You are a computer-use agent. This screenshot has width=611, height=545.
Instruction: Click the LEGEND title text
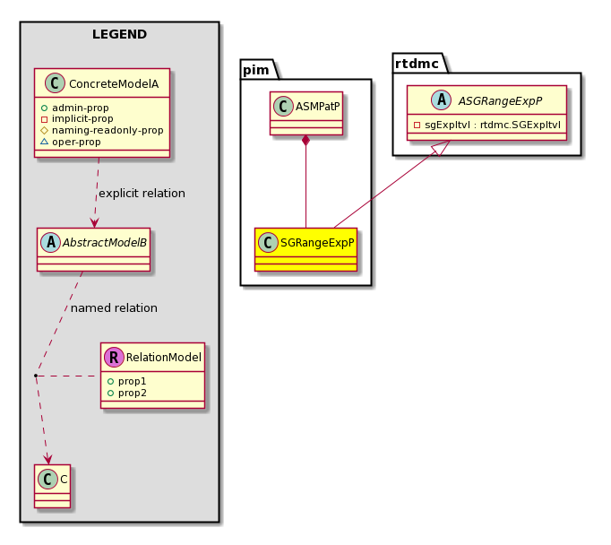coord(120,34)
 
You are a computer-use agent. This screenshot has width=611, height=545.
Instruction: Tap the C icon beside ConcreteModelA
coord(55,82)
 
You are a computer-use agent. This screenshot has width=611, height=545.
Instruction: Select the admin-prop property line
coord(74,108)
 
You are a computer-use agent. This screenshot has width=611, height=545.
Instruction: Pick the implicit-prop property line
coord(77,119)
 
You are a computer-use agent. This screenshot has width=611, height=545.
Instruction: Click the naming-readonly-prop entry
coord(102,130)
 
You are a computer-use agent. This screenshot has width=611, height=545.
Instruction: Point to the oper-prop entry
coord(71,142)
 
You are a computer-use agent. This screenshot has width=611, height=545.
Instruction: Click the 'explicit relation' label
coord(142,194)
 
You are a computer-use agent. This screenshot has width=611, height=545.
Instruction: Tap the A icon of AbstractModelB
coord(51,242)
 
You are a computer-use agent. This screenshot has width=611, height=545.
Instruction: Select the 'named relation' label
coord(114,308)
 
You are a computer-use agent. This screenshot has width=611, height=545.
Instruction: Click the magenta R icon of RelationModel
coord(114,357)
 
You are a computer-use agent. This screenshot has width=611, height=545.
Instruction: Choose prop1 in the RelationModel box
coord(126,381)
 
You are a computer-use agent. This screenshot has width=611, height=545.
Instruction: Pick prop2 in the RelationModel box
coord(126,393)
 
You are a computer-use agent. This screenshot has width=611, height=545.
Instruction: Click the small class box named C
coord(52,486)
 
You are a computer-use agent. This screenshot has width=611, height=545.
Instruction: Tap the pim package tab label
coord(255,70)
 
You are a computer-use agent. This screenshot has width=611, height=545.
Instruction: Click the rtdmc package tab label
coord(417,64)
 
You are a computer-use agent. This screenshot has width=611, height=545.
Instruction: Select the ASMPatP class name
coord(317,107)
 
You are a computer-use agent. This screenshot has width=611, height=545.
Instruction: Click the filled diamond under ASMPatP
coord(305,141)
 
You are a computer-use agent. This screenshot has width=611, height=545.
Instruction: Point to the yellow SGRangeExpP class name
coord(317,243)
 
